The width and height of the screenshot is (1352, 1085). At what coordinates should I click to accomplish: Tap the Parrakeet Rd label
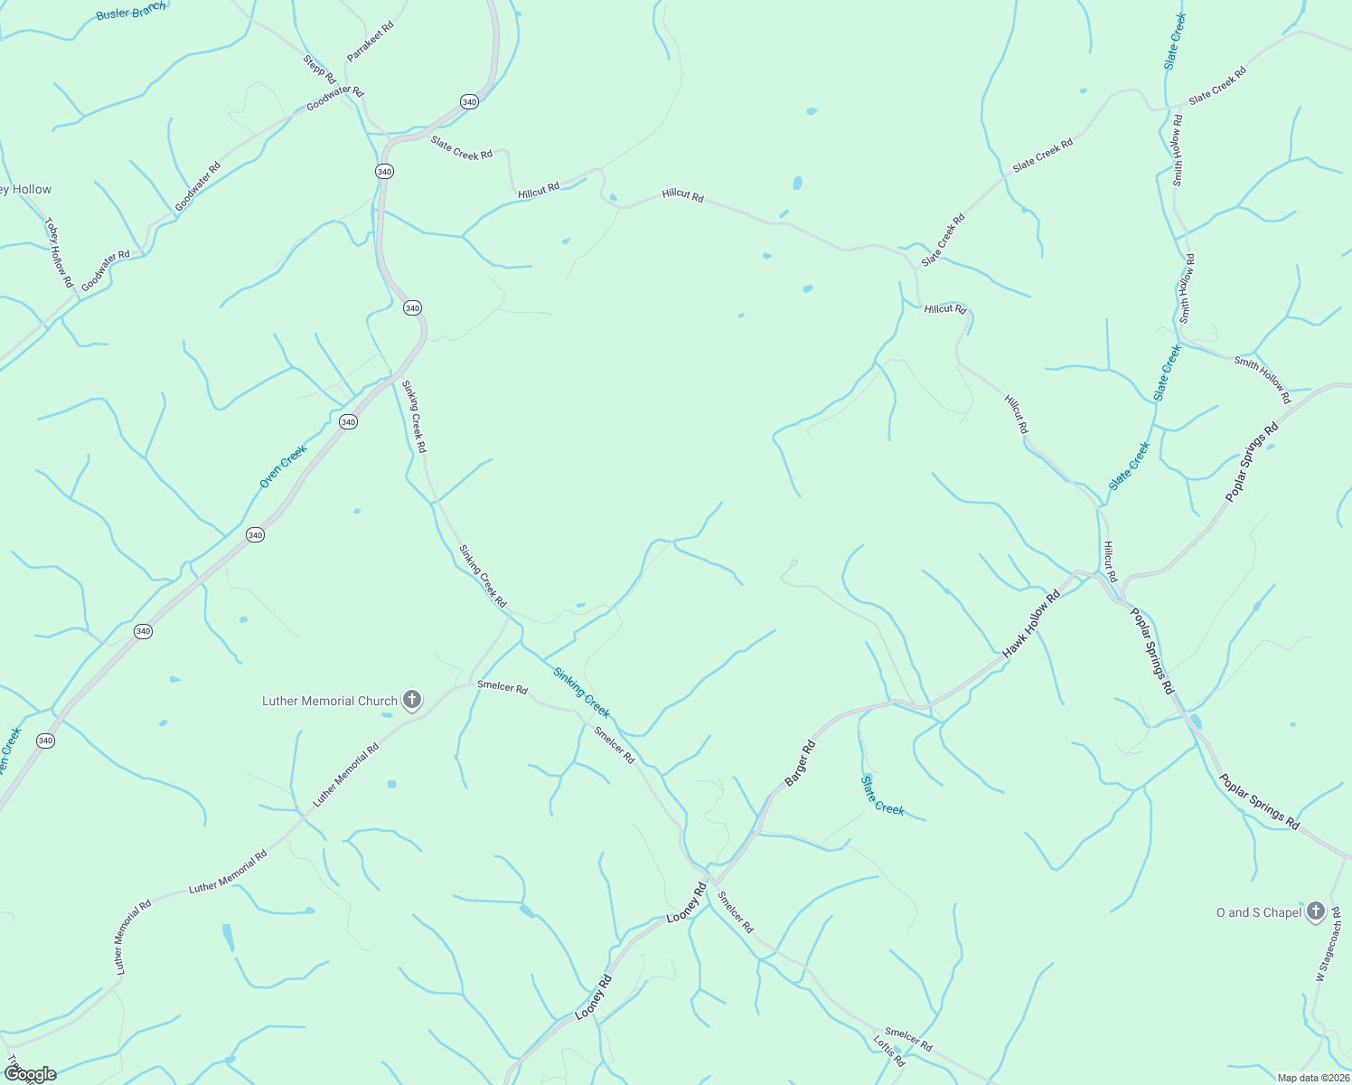371,42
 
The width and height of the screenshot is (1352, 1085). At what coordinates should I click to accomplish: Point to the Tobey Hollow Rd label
59,253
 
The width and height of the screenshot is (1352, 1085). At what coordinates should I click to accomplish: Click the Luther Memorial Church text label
330,701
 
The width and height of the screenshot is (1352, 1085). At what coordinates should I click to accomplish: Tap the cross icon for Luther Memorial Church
412,700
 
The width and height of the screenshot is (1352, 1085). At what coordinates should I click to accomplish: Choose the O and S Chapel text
1258,912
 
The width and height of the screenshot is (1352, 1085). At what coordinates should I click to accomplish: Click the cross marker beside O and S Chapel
1316,911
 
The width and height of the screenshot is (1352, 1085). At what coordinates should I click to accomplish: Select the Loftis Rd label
889,1052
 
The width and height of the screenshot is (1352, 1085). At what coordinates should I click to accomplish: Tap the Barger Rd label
801,763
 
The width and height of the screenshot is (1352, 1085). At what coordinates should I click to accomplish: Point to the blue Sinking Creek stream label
582,693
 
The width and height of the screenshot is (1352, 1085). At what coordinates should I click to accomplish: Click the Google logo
30,1074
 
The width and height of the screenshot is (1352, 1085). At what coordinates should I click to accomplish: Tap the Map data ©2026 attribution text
1311,1078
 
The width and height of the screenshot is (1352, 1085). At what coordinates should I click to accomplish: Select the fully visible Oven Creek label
283,467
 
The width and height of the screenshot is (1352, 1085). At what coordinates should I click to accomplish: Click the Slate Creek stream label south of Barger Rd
882,796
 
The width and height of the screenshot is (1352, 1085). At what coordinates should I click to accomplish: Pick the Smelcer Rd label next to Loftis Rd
908,1039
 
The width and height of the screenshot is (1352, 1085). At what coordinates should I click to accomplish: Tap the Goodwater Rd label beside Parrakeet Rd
335,99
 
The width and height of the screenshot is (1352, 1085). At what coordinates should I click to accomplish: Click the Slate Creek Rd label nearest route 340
462,148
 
